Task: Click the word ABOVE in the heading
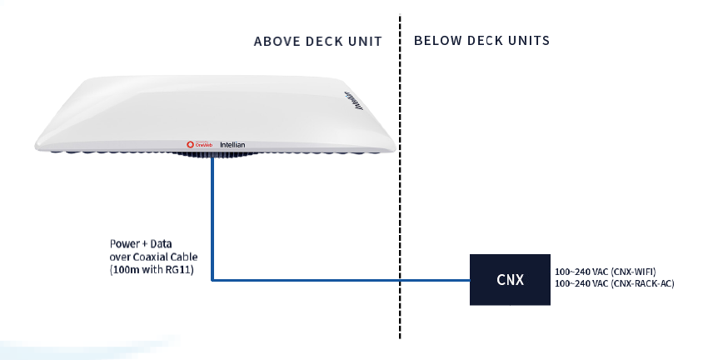tap(276, 41)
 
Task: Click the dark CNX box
tap(510, 279)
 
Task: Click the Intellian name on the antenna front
tap(232, 145)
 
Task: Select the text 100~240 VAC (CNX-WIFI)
tap(605, 272)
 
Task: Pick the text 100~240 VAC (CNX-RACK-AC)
tap(614, 284)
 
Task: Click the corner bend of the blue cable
tap(213, 280)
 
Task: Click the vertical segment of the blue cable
tap(212, 217)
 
